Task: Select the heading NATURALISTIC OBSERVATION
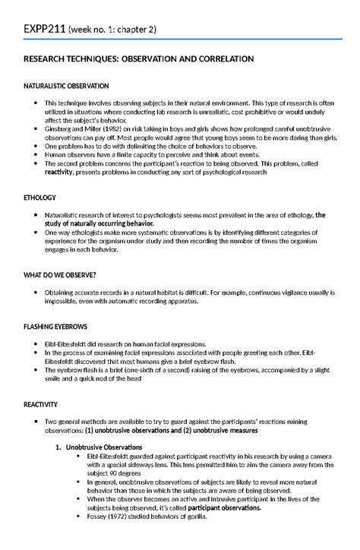point(68,85)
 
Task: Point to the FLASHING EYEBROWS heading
point(55,326)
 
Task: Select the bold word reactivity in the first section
point(62,172)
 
